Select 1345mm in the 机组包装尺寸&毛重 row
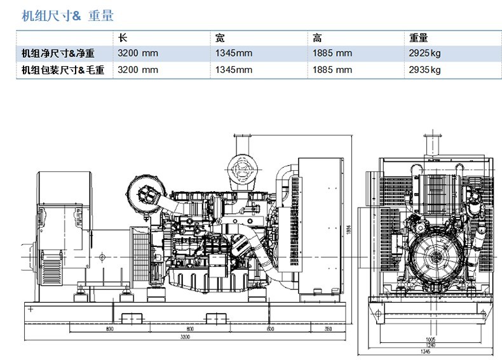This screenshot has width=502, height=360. coord(234,69)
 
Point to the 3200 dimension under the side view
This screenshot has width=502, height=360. coord(185,337)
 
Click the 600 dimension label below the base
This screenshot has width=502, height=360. coord(271,328)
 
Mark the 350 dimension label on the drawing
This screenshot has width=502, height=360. coord(328,328)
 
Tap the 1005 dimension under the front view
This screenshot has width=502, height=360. coord(430,339)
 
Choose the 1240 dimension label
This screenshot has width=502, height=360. coord(430,345)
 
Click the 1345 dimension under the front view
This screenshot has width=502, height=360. coord(430,351)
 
